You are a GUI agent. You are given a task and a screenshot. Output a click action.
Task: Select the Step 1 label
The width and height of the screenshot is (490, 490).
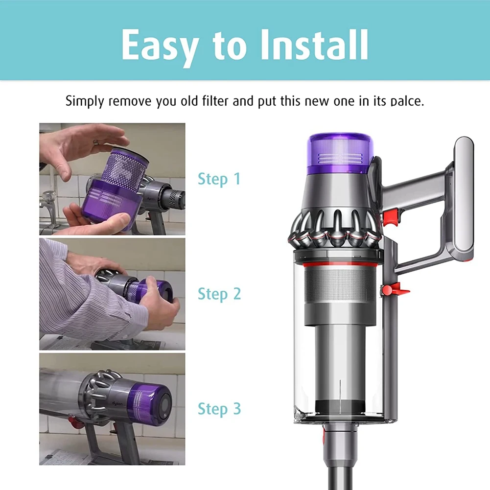coord(219,179)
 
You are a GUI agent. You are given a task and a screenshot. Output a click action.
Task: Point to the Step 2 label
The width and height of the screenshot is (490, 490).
coord(219,294)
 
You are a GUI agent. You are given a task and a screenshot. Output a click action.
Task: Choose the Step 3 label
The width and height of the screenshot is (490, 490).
coord(219,409)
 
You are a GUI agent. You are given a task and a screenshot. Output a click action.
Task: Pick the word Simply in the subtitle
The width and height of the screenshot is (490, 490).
coord(84,102)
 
